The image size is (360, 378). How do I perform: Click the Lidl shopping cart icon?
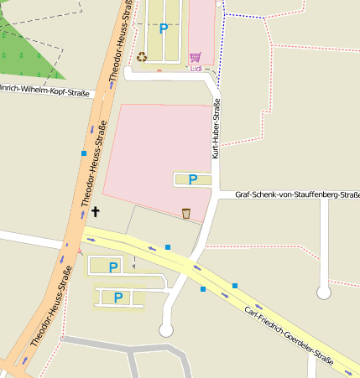coord(196,57)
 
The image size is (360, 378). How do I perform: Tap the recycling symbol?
coord(142,57)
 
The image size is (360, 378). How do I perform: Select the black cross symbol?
coord(95,212)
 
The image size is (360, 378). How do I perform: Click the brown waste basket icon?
coord(186,213)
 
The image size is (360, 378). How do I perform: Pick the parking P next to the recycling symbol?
coord(164,28)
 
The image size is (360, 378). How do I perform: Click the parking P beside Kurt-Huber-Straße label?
coord(193,179)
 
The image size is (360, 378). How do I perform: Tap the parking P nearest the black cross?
coord(113,267)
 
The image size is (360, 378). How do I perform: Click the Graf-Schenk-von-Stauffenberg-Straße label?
coord(297,195)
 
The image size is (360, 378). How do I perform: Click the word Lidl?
coord(196,69)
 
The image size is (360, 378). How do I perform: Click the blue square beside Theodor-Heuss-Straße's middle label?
coord(84,153)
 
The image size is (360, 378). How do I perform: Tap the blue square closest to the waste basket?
coord(168,246)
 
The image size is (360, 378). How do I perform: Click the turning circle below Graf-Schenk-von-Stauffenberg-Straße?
coord(323,292)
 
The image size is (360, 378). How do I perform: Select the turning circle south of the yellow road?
coord(166,330)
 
